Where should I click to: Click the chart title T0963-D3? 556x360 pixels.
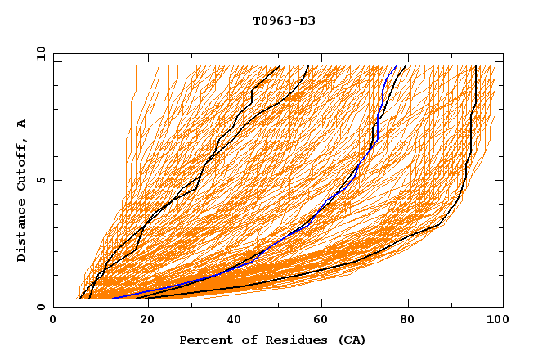click(284, 20)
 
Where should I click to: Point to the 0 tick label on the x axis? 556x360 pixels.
click(53, 321)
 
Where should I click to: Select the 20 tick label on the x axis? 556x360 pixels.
click(141, 321)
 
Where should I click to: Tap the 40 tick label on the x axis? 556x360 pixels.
click(230, 321)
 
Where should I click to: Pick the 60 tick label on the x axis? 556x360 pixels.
click(318, 321)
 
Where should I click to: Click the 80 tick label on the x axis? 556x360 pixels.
click(406, 321)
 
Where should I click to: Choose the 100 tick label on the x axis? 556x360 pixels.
click(495, 321)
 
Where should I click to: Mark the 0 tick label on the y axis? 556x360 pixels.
click(40, 307)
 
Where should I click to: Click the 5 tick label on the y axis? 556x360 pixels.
click(40, 180)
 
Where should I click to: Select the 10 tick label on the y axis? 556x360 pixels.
click(38, 53)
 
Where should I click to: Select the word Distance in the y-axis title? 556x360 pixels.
click(22, 234)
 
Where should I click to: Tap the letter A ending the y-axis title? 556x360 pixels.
click(22, 124)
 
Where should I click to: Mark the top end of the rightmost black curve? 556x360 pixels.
click(476, 66)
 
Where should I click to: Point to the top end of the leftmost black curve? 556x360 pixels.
click(280, 66)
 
